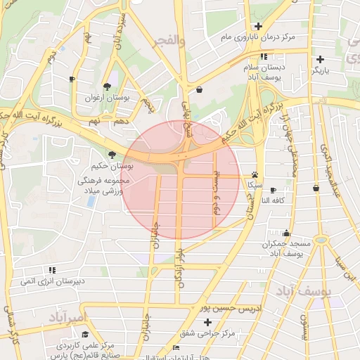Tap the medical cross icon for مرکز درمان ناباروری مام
click(259, 26)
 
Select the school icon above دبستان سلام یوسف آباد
click(264, 57)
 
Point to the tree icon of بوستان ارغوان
click(106, 86)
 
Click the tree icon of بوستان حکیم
click(112, 155)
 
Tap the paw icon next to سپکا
click(255, 175)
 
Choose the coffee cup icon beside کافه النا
click(274, 190)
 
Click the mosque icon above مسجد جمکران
click(286, 233)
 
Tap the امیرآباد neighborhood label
click(68, 318)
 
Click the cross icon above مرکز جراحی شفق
click(207, 322)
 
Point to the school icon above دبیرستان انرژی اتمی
click(52, 270)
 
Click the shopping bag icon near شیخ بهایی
click(200, 90)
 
